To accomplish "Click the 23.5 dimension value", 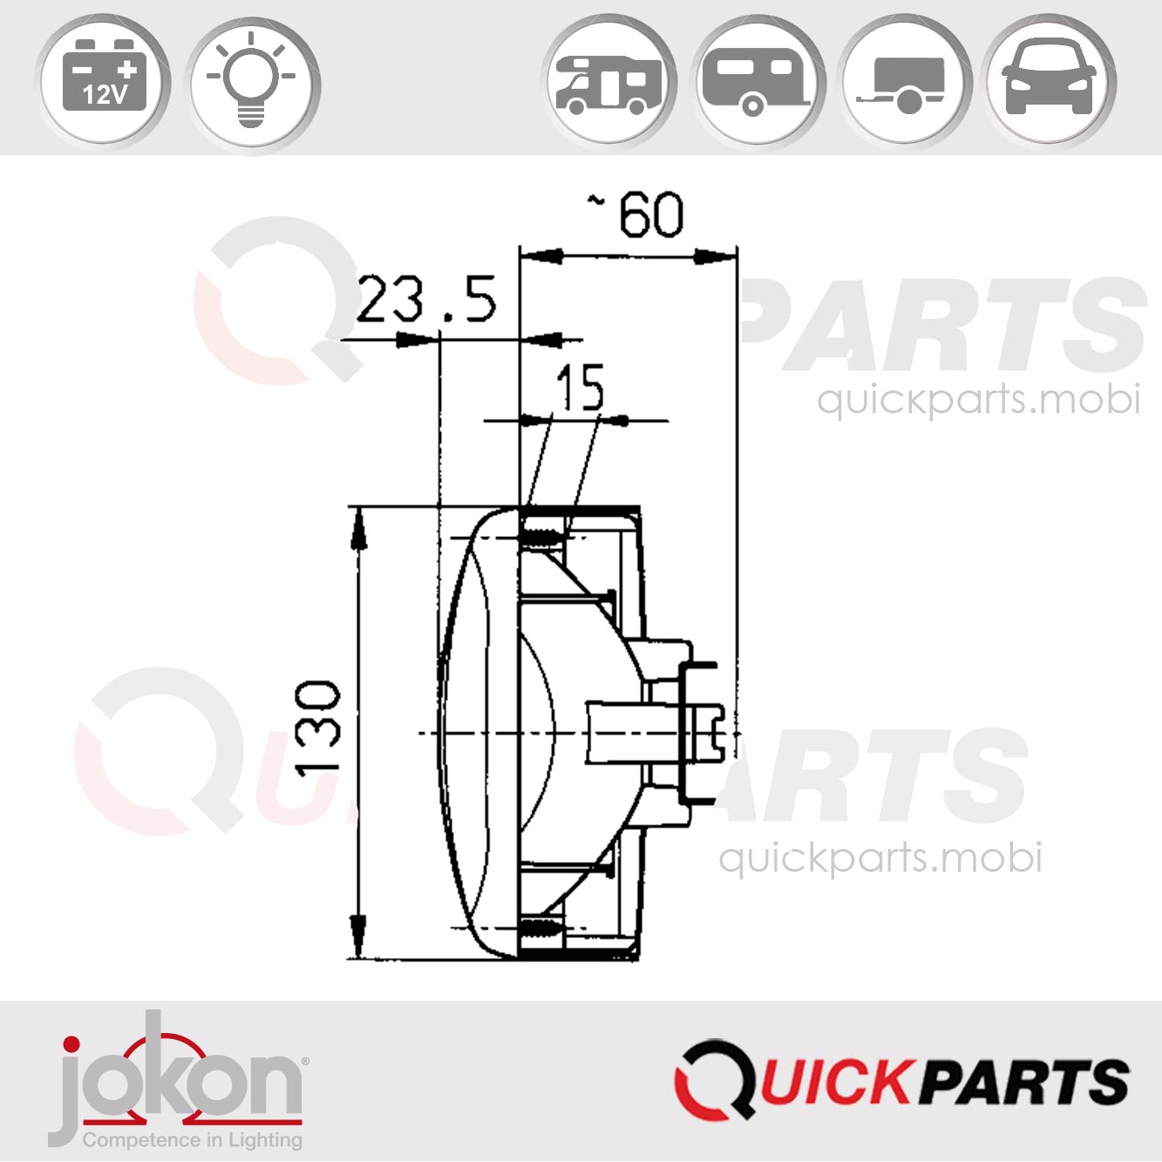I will (426, 301).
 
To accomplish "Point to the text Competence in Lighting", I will (193, 1139).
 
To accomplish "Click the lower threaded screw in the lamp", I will (541, 929).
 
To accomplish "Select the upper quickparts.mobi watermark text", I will (978, 400).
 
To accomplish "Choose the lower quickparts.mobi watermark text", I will (880, 858).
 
